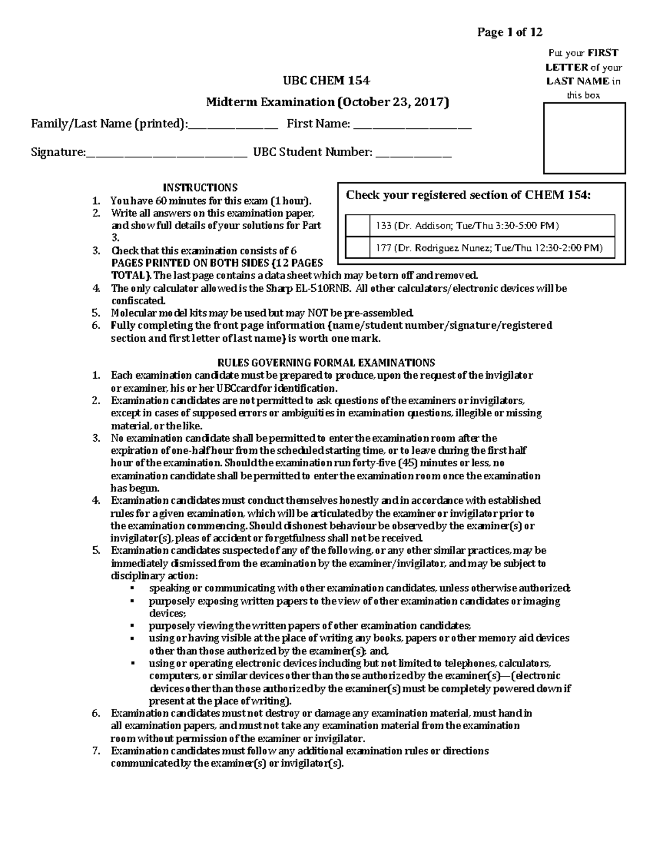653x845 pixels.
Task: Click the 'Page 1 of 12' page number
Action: (x=509, y=32)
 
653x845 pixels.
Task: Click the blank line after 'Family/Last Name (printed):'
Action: (x=232, y=125)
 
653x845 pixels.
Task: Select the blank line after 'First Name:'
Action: (x=412, y=125)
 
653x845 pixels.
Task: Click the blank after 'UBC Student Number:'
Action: (x=414, y=153)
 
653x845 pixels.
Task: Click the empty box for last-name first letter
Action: (x=584, y=138)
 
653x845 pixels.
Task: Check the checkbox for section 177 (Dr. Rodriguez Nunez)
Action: (x=358, y=248)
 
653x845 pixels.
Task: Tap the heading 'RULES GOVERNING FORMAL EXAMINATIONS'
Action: (x=326, y=362)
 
